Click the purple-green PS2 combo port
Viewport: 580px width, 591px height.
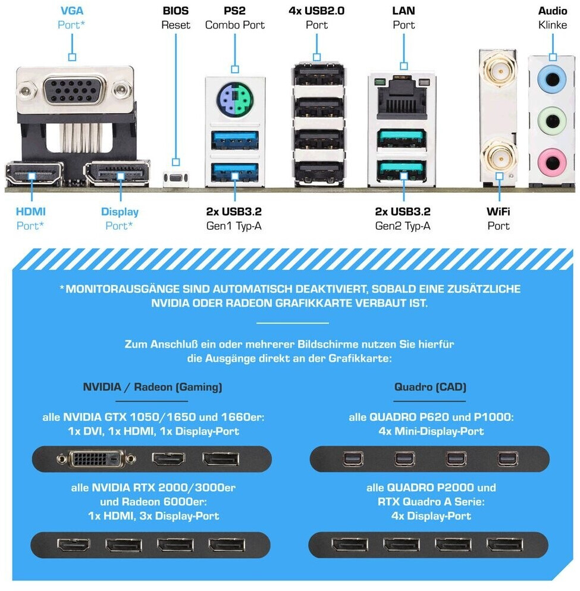234,95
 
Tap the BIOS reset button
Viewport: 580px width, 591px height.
175,178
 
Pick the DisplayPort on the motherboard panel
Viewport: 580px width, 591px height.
117,174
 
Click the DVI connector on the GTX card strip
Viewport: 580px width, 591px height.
98,459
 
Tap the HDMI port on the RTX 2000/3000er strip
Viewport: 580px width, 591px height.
71,545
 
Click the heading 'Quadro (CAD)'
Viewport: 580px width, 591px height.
430,387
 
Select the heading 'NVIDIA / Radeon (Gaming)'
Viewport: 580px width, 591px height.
152,387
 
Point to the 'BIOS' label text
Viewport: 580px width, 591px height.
175,11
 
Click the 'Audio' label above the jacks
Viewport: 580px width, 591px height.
553,11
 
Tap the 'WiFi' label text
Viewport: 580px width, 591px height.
499,211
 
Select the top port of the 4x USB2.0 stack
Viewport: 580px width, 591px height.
318,77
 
